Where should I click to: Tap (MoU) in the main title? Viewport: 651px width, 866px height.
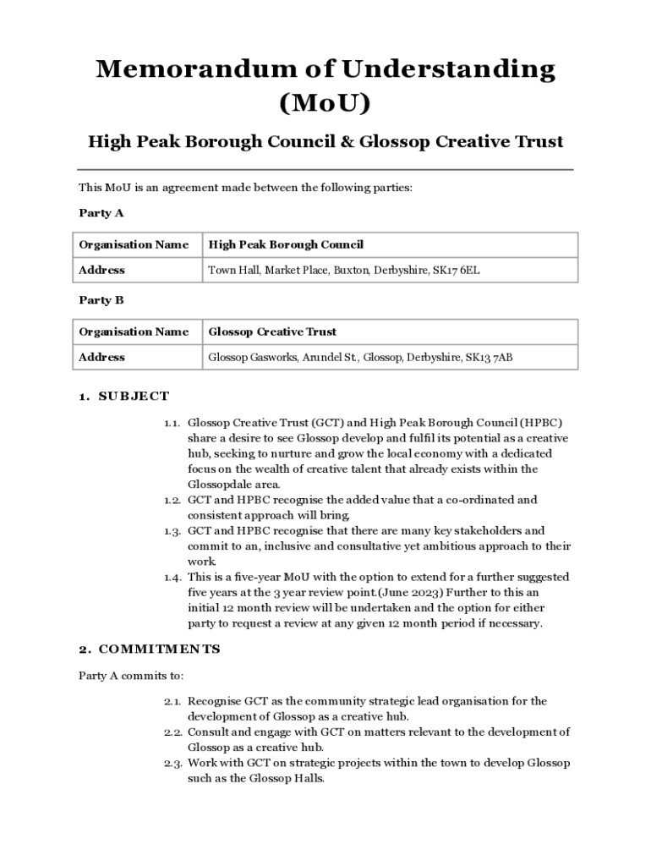click(325, 103)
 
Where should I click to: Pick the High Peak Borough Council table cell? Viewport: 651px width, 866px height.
click(286, 244)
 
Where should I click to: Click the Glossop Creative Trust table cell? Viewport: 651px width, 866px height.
click(272, 332)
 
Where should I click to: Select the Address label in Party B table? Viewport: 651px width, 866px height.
click(101, 358)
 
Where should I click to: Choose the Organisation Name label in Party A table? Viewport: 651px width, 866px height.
click(134, 244)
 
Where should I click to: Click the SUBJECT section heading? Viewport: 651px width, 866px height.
click(134, 396)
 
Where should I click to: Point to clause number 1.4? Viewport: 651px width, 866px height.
click(172, 578)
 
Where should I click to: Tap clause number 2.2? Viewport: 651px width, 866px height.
click(172, 732)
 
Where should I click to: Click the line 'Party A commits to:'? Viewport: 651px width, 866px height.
click(131, 676)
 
